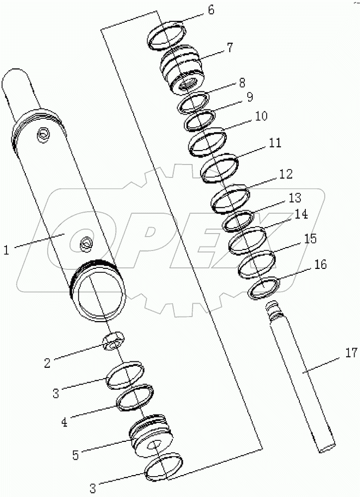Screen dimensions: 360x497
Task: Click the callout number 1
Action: tap(6, 250)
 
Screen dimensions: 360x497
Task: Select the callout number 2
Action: tap(48, 363)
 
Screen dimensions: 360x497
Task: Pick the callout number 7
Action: tap(229, 48)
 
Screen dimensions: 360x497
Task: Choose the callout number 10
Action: tap(261, 116)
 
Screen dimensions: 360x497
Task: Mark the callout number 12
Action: tap(285, 174)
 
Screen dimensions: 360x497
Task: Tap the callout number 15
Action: tap(310, 239)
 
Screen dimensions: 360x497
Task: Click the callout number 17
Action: tap(351, 354)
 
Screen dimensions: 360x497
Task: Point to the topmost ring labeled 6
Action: tap(167, 35)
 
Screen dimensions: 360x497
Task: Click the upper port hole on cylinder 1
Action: tap(43, 133)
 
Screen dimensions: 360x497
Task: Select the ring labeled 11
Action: tap(219, 167)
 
